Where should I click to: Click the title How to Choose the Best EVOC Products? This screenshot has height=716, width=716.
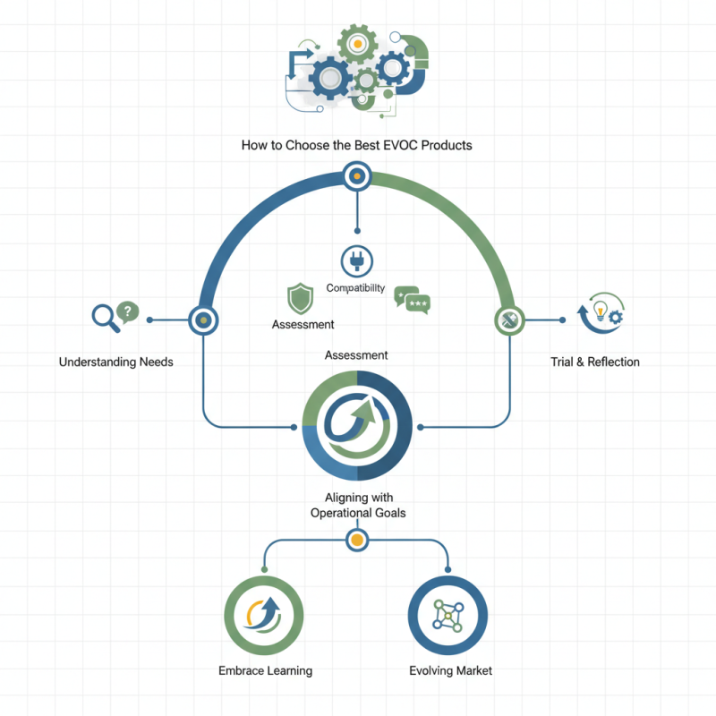356,144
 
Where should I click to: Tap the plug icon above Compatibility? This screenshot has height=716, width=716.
356,260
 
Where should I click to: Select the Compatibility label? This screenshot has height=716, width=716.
355,288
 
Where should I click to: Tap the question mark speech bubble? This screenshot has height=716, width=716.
128,311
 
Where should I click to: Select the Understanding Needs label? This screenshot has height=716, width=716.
116,362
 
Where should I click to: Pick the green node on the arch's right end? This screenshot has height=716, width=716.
508,319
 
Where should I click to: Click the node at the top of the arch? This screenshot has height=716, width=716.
356,176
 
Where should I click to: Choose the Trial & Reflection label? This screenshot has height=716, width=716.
595,362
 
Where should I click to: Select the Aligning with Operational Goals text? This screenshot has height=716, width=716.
357,506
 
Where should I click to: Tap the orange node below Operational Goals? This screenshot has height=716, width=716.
356,540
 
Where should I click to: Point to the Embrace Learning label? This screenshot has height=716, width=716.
265,670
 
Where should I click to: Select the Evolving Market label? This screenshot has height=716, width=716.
450,670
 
